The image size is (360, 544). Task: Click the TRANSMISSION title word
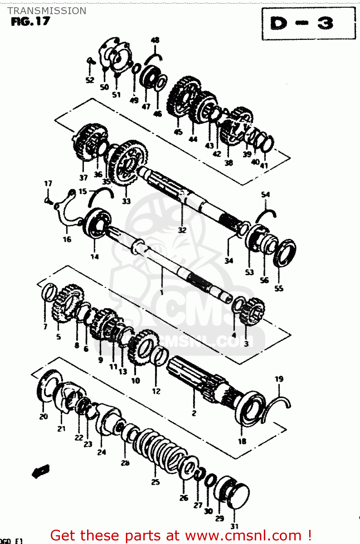point(47,11)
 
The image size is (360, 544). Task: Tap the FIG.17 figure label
point(30,22)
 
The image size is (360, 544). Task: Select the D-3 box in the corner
point(308,24)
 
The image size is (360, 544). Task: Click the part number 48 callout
point(155,40)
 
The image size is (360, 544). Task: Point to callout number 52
point(90,80)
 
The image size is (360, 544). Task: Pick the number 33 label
point(126,201)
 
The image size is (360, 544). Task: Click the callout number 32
point(182,230)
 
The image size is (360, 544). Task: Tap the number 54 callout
point(266,195)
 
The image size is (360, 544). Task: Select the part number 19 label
point(279,379)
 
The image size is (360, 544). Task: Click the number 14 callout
point(94,257)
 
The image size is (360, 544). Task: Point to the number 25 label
point(155,482)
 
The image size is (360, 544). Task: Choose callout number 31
point(234,526)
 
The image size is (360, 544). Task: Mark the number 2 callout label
point(194,413)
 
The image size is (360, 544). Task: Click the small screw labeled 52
point(90,61)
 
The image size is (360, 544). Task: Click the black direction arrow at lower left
point(40,471)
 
